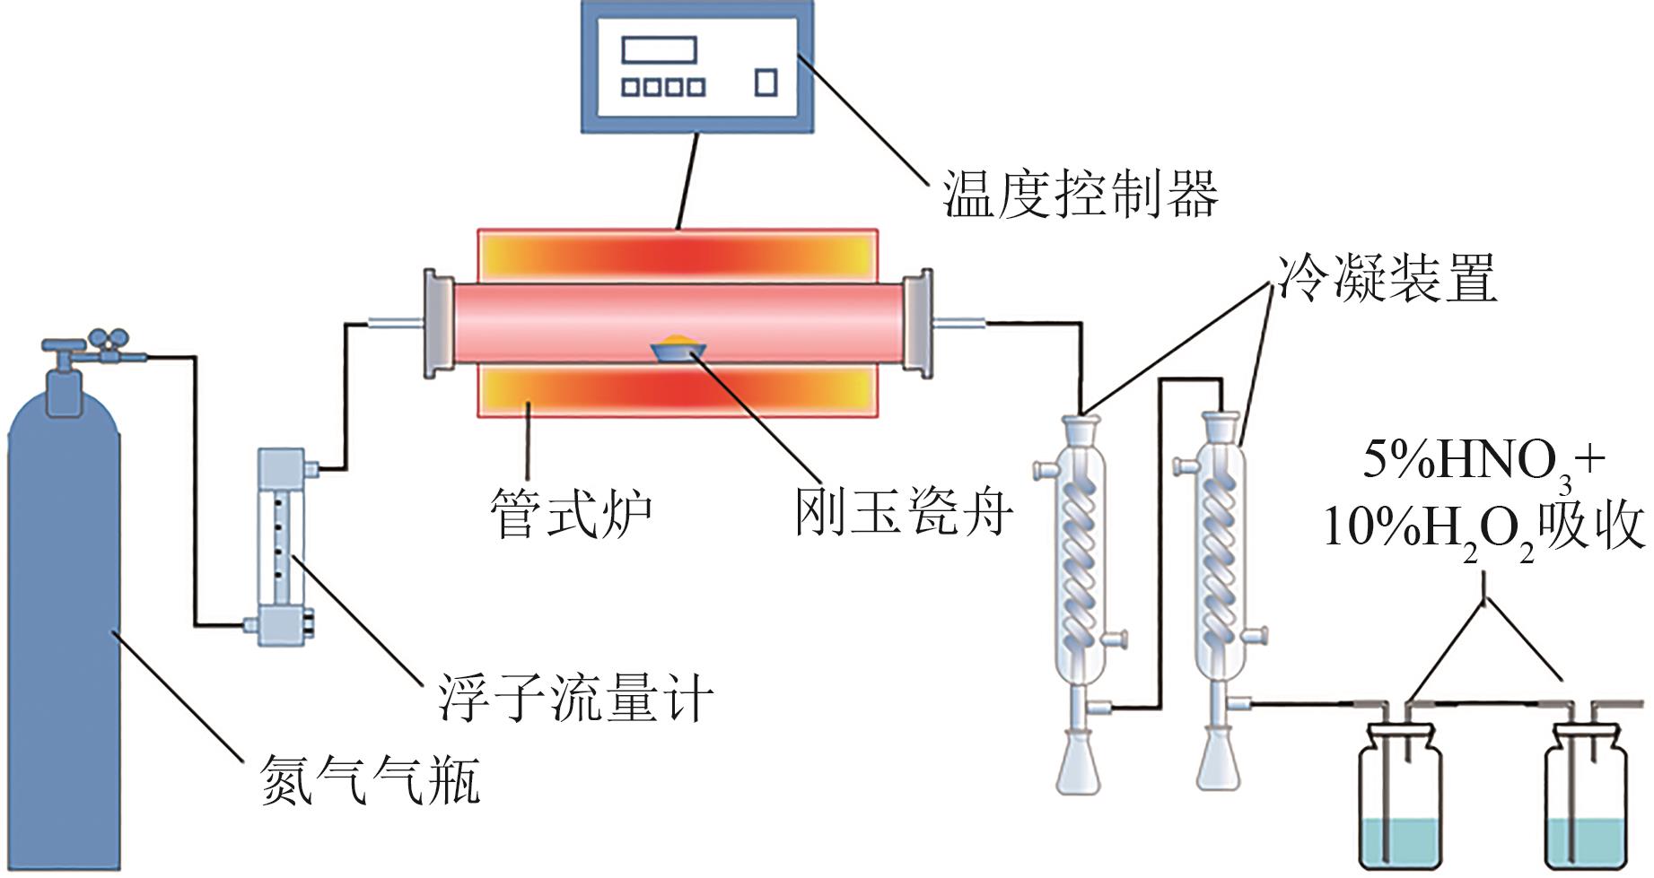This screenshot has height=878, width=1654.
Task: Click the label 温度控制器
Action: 1080,194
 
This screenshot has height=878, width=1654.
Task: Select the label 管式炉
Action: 571,513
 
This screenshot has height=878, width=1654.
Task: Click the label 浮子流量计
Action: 575,697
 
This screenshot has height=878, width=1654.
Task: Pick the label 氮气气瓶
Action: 370,778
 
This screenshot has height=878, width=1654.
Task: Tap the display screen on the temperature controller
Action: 660,50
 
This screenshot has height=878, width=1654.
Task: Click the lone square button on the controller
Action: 766,83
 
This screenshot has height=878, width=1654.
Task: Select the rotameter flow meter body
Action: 282,545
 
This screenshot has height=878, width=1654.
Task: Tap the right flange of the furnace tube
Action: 918,321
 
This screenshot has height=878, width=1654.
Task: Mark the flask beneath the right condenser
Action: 1218,758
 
